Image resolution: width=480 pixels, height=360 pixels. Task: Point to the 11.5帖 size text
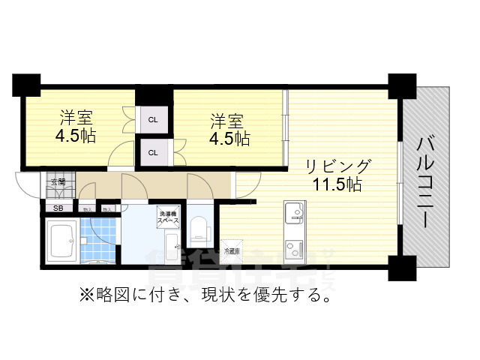click(x=337, y=184)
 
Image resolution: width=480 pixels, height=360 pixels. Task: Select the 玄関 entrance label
click(x=57, y=181)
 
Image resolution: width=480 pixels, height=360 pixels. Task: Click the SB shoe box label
click(x=56, y=208)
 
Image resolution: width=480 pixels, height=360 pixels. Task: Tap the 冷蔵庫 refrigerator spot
click(x=232, y=251)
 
